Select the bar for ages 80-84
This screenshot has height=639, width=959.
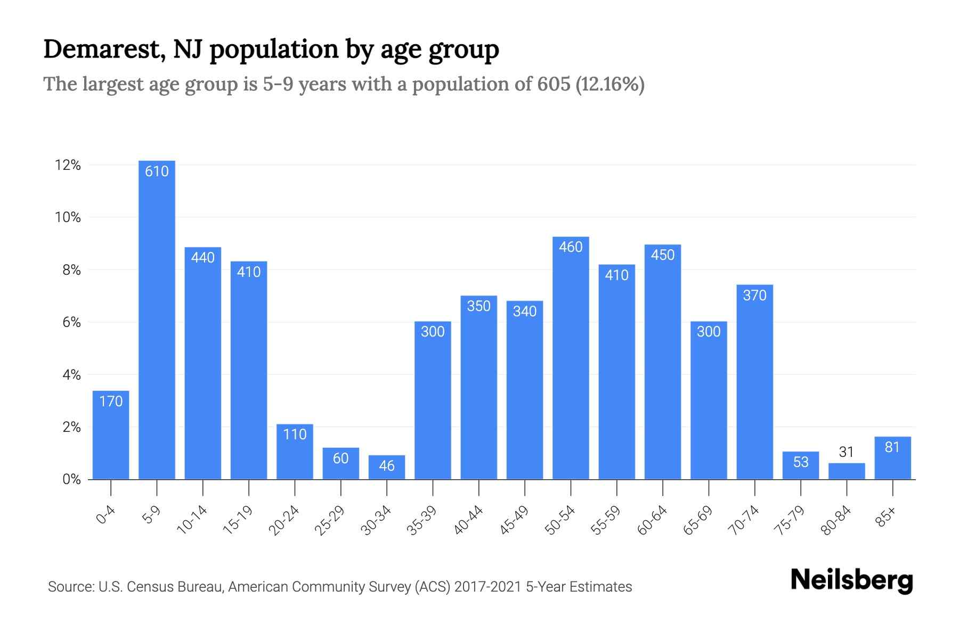(847, 471)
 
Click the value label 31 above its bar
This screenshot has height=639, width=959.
(847, 452)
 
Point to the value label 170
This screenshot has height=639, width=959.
(111, 401)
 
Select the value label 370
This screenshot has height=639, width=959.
(754, 295)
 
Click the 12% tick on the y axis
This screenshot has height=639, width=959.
(68, 165)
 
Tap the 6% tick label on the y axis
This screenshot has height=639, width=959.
(71, 322)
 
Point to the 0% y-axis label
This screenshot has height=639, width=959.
(71, 479)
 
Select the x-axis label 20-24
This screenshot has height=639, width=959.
(284, 520)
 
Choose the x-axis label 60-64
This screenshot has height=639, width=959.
(652, 520)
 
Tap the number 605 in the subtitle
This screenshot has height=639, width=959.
(554, 84)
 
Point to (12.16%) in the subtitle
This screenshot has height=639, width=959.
(610, 84)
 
